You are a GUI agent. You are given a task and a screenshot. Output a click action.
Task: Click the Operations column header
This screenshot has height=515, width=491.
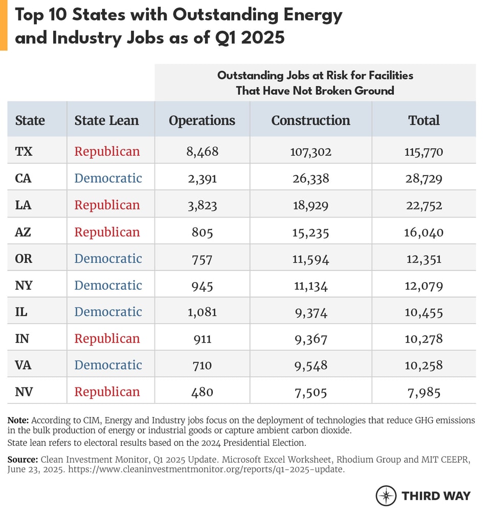pyautogui.click(x=202, y=120)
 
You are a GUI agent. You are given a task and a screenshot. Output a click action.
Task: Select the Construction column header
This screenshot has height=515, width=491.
pyautogui.click(x=310, y=120)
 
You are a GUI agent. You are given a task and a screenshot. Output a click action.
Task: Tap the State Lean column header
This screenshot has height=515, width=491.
pyautogui.click(x=106, y=120)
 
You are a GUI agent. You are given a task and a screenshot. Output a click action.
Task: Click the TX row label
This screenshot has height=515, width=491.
pyautogui.click(x=24, y=152)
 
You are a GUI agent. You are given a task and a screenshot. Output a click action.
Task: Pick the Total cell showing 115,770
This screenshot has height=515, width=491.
pyautogui.click(x=423, y=152)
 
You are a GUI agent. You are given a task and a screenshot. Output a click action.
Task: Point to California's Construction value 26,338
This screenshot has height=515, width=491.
pyautogui.click(x=310, y=178)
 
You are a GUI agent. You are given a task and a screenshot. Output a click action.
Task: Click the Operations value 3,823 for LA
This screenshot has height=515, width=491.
pyautogui.click(x=202, y=205)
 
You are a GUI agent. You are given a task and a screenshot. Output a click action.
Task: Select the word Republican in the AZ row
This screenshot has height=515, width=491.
pyautogui.click(x=107, y=232)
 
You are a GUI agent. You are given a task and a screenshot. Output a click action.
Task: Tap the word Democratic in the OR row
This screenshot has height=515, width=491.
pyautogui.click(x=108, y=259)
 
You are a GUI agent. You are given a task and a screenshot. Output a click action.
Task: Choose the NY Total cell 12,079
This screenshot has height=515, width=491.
pyautogui.click(x=423, y=285)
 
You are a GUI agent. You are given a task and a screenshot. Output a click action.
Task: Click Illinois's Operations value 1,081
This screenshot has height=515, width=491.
pyautogui.click(x=202, y=312)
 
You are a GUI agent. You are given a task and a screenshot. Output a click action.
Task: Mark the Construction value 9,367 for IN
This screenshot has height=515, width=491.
pyautogui.click(x=310, y=338)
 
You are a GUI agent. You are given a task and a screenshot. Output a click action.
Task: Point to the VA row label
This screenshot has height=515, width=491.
pyautogui.click(x=24, y=365)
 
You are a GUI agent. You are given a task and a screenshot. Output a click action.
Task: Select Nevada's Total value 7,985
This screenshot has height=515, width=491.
pyautogui.click(x=423, y=392)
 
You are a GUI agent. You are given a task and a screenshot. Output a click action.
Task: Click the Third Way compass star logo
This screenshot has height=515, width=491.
pyautogui.click(x=386, y=496)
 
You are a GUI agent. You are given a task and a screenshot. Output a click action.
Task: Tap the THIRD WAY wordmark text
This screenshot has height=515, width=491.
pyautogui.click(x=436, y=496)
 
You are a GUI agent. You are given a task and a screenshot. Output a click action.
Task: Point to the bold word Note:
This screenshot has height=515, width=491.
pyautogui.click(x=18, y=420)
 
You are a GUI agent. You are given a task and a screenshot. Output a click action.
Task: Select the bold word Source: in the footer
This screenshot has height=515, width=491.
pyautogui.click(x=22, y=459)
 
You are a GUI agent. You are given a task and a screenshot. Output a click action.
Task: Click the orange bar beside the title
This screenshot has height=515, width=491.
pyautogui.click(x=4, y=25)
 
